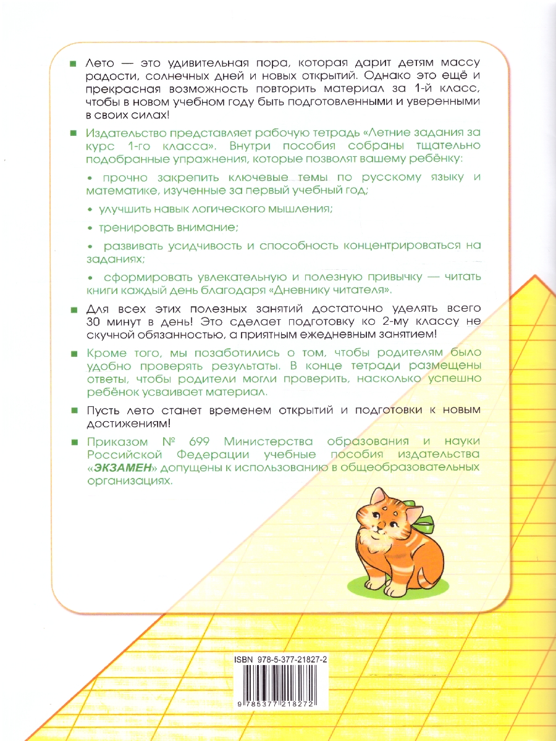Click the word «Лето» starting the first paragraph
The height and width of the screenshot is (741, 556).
(100, 64)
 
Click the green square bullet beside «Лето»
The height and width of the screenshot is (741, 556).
(73, 64)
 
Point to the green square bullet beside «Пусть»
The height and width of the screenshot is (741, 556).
(73, 411)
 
